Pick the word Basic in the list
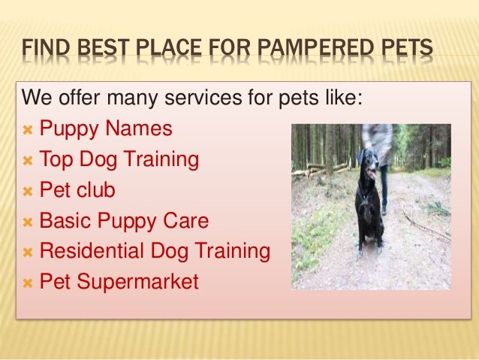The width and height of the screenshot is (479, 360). [x=64, y=221]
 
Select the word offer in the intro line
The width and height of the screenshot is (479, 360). [x=78, y=98]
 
